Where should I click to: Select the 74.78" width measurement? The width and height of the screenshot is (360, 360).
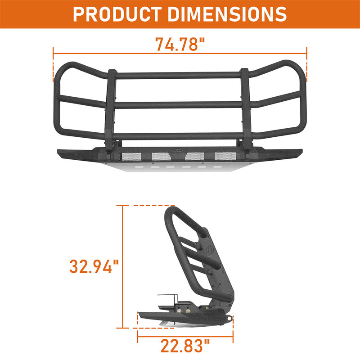(x=180, y=45)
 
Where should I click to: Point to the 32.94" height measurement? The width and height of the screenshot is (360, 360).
(x=94, y=266)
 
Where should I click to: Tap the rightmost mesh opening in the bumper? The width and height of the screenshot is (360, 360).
(x=224, y=156)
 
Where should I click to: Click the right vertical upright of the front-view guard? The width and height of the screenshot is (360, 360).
(x=244, y=108)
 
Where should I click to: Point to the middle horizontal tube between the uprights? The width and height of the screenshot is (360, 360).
(x=178, y=104)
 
